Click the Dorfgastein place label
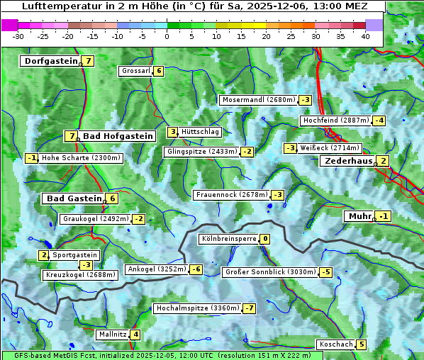tap(50, 61)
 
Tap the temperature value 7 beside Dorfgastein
tap(89, 61)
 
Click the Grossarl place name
tap(136, 71)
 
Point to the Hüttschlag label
tap(201, 132)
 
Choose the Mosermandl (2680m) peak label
tap(258, 100)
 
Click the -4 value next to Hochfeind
tap(379, 120)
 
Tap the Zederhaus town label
tap(347, 161)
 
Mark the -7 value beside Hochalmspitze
tap(249, 309)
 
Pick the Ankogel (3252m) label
tap(156, 269)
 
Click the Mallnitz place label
tap(112, 334)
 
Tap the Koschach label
tap(336, 344)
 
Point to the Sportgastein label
tap(75, 255)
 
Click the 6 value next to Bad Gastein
tap(112, 198)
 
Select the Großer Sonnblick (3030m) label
tap(269, 272)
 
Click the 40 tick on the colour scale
tap(365, 36)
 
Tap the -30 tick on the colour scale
tap(18, 36)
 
